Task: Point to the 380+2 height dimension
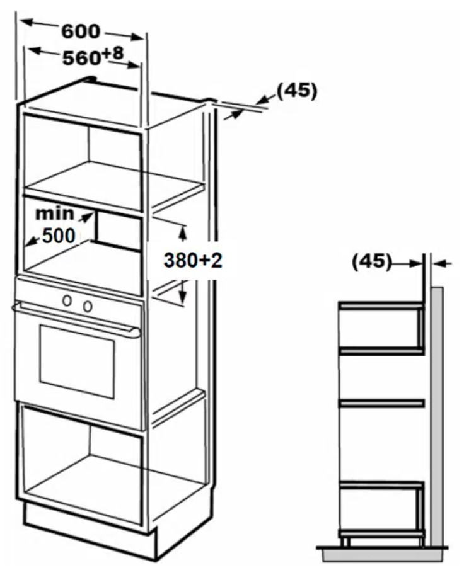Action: coord(193,261)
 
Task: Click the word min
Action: coord(54,213)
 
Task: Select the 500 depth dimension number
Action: coord(59,236)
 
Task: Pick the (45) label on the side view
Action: coord(372,262)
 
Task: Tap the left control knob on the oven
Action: coord(67,300)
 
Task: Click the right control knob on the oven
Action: coord(88,306)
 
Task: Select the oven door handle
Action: coord(76,318)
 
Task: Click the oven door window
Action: coord(77,362)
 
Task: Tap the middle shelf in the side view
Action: coord(381,403)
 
